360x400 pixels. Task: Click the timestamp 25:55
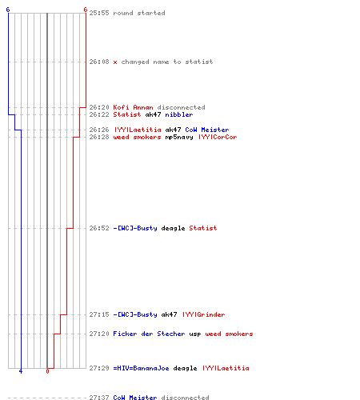[x=99, y=13]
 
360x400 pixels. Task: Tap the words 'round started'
[x=139, y=13]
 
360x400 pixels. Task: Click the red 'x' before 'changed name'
[x=115, y=62]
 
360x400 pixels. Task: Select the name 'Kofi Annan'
[x=133, y=107]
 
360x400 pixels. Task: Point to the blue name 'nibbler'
[x=179, y=114]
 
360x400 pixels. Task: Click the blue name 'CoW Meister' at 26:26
[x=207, y=130]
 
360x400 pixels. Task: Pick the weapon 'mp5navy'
[x=179, y=137]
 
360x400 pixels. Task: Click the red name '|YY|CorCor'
[x=218, y=137]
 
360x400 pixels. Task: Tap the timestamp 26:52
[x=99, y=228]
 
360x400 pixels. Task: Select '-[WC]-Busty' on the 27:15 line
[x=135, y=314]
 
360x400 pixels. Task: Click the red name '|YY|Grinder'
[x=204, y=314]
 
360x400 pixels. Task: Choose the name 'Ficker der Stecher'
[x=149, y=334]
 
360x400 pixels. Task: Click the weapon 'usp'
[x=195, y=334]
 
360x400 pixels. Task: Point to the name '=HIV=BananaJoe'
[x=141, y=368]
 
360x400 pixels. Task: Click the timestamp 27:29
[x=99, y=368]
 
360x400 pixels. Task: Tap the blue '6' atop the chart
[x=8, y=10]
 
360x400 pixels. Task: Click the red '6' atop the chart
[x=86, y=10]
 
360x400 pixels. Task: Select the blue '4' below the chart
[x=21, y=371]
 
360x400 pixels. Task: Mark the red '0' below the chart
[x=47, y=371]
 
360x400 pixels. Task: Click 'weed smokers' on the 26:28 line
[x=137, y=137]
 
